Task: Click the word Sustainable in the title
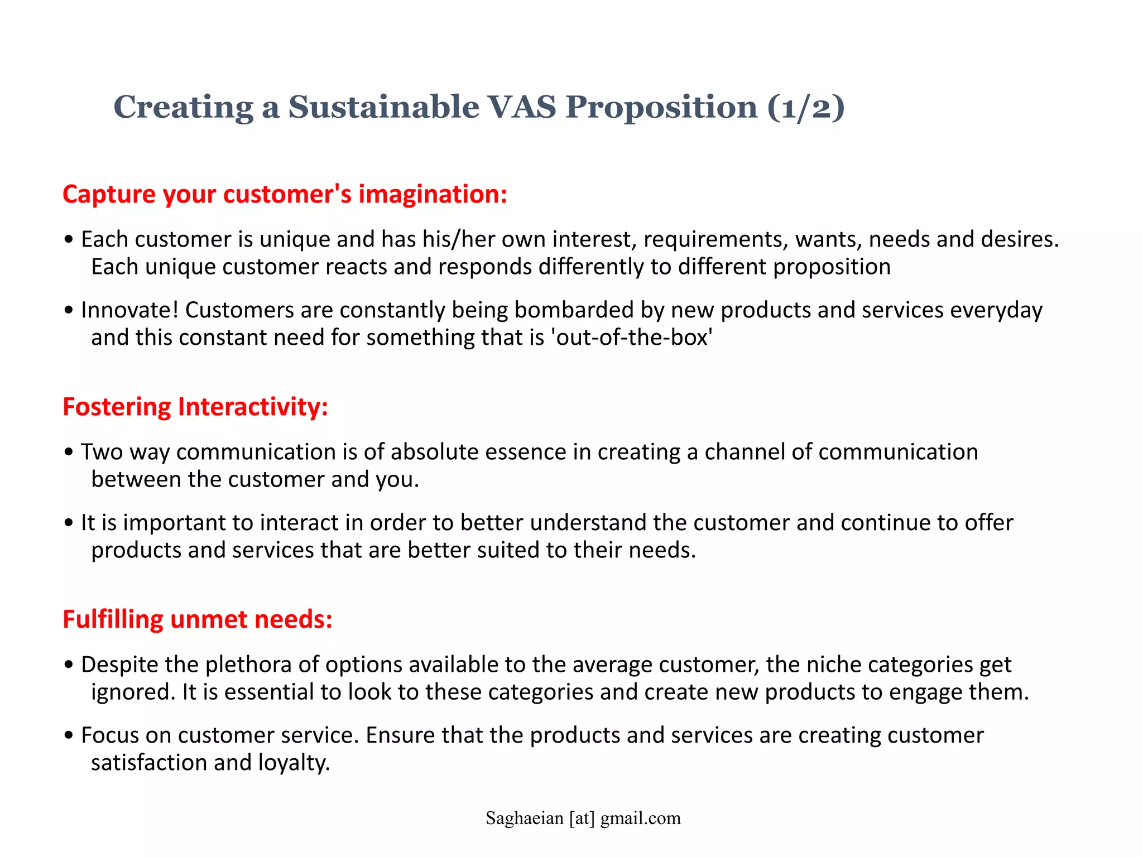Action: [x=383, y=107]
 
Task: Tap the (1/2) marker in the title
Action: [x=806, y=107]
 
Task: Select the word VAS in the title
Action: [x=522, y=107]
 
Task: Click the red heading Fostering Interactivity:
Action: [x=195, y=407]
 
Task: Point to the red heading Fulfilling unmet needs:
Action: [x=198, y=619]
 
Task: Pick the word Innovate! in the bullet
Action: [x=129, y=310]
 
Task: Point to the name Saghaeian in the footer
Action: [x=524, y=818]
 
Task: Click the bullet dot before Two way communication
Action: [x=69, y=452]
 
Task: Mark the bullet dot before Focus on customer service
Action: [x=69, y=735]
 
